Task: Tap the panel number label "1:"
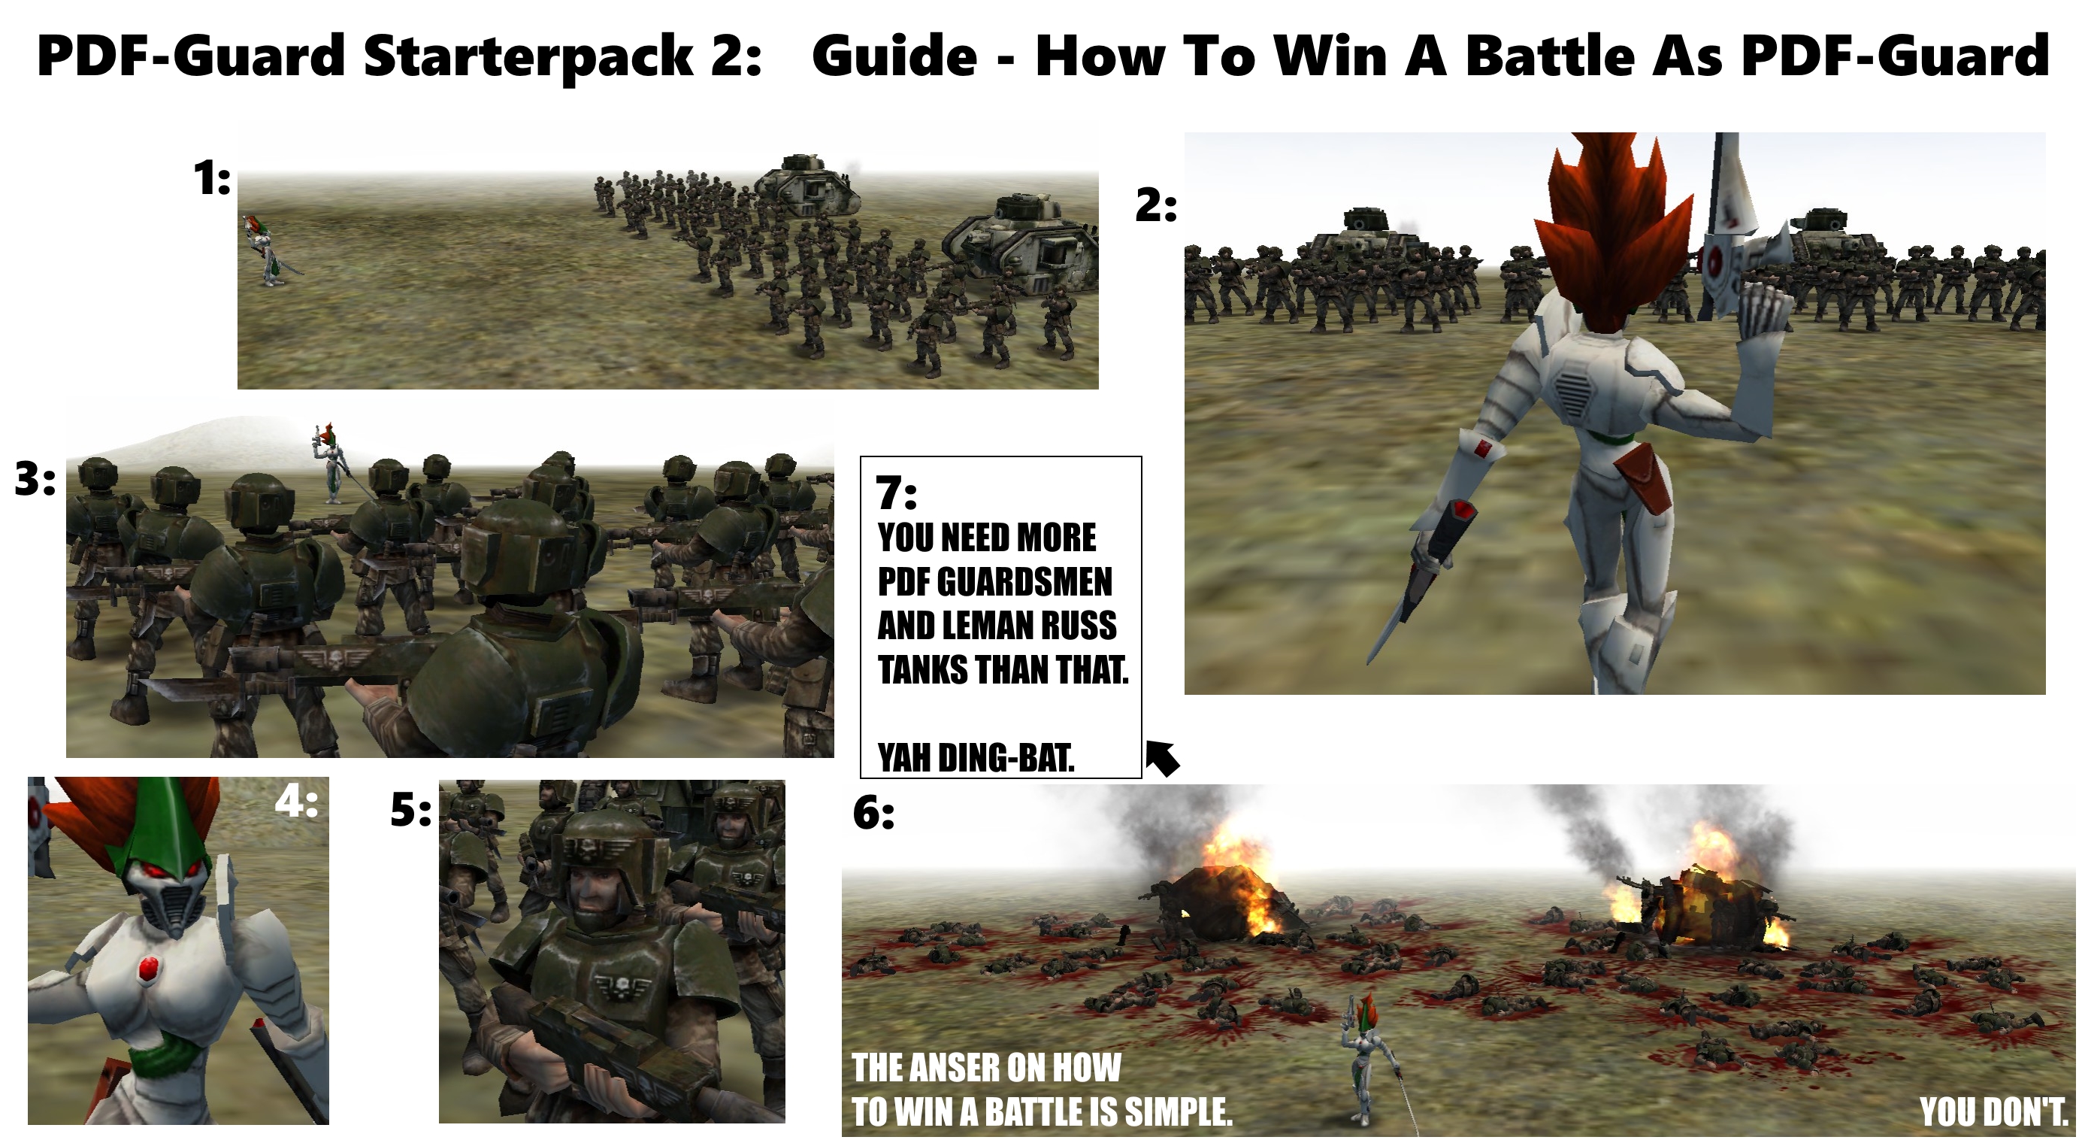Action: coord(212,178)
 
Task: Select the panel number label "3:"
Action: coord(35,480)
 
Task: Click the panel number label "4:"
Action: coord(296,802)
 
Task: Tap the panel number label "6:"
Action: coord(874,813)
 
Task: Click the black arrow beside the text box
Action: coord(1163,758)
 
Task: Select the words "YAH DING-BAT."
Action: coord(976,757)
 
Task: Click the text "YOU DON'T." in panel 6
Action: coord(1992,1111)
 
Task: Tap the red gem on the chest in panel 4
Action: coord(147,968)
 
